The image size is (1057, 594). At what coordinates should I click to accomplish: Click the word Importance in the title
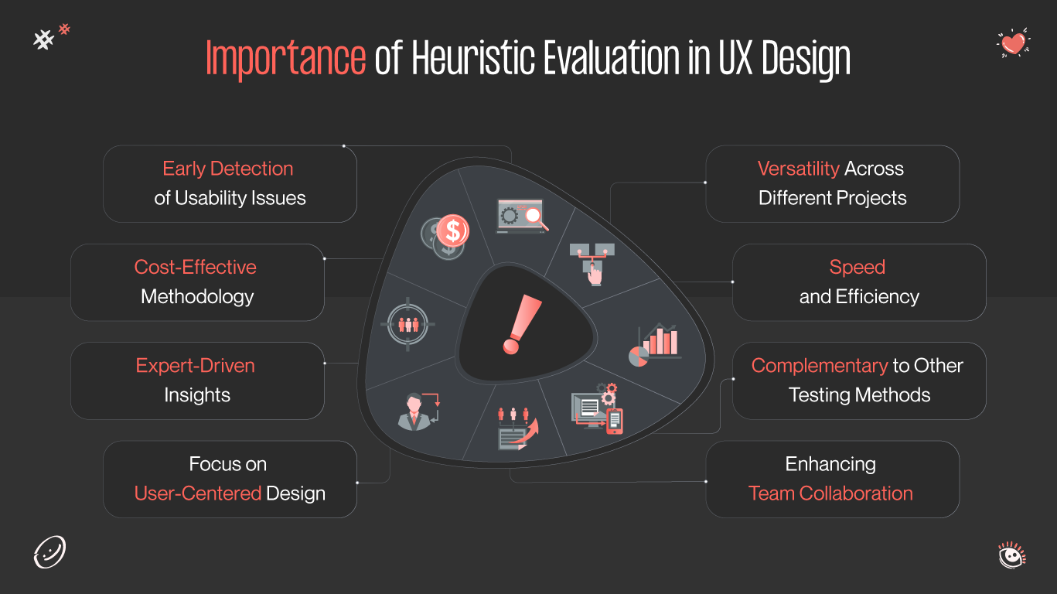coord(285,58)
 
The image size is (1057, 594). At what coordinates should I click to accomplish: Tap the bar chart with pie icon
coord(656,345)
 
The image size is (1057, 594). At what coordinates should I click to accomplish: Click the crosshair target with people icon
coord(408,324)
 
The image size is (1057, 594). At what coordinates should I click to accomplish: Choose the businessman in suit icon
coord(415,411)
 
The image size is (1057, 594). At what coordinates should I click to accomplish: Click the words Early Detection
coord(227,169)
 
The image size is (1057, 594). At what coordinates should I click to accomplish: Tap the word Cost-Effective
coord(195,267)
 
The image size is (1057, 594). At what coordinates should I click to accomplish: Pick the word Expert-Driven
coord(195,365)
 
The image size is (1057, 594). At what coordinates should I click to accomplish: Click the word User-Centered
coord(198,493)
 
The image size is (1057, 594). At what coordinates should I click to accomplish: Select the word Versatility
coord(798,169)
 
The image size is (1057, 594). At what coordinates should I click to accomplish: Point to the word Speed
coord(857,267)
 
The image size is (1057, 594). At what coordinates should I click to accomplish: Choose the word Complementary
coord(819,365)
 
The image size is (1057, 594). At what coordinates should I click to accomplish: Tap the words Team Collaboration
coord(830,493)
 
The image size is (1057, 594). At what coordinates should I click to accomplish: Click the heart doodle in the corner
coord(1013,43)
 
